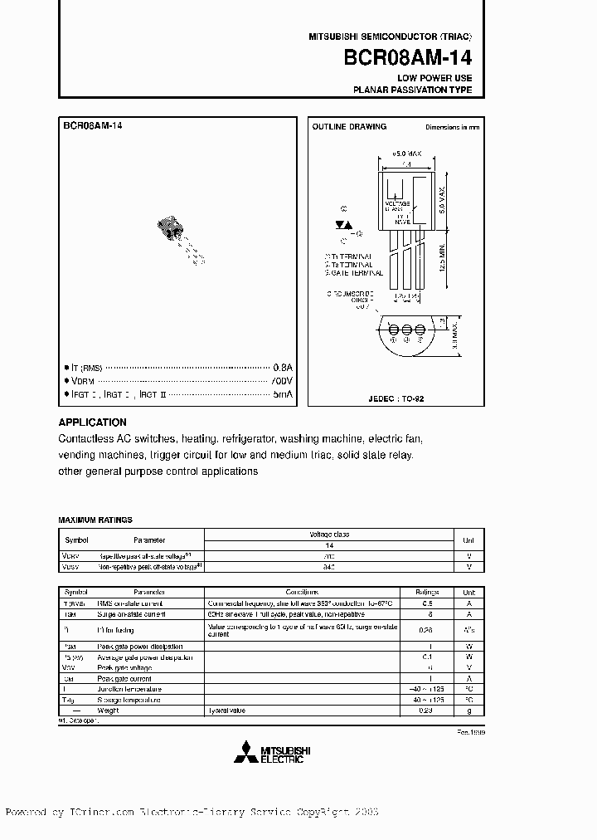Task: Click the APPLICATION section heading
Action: pos(93,422)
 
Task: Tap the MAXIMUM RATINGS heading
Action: pos(95,520)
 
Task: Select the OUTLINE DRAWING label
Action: pos(349,127)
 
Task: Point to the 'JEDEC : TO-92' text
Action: pos(396,398)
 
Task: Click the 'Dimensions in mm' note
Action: pos(452,127)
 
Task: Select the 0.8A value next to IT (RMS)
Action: pos(284,366)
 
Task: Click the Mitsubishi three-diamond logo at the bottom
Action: pos(245,754)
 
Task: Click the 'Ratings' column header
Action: pos(426,593)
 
